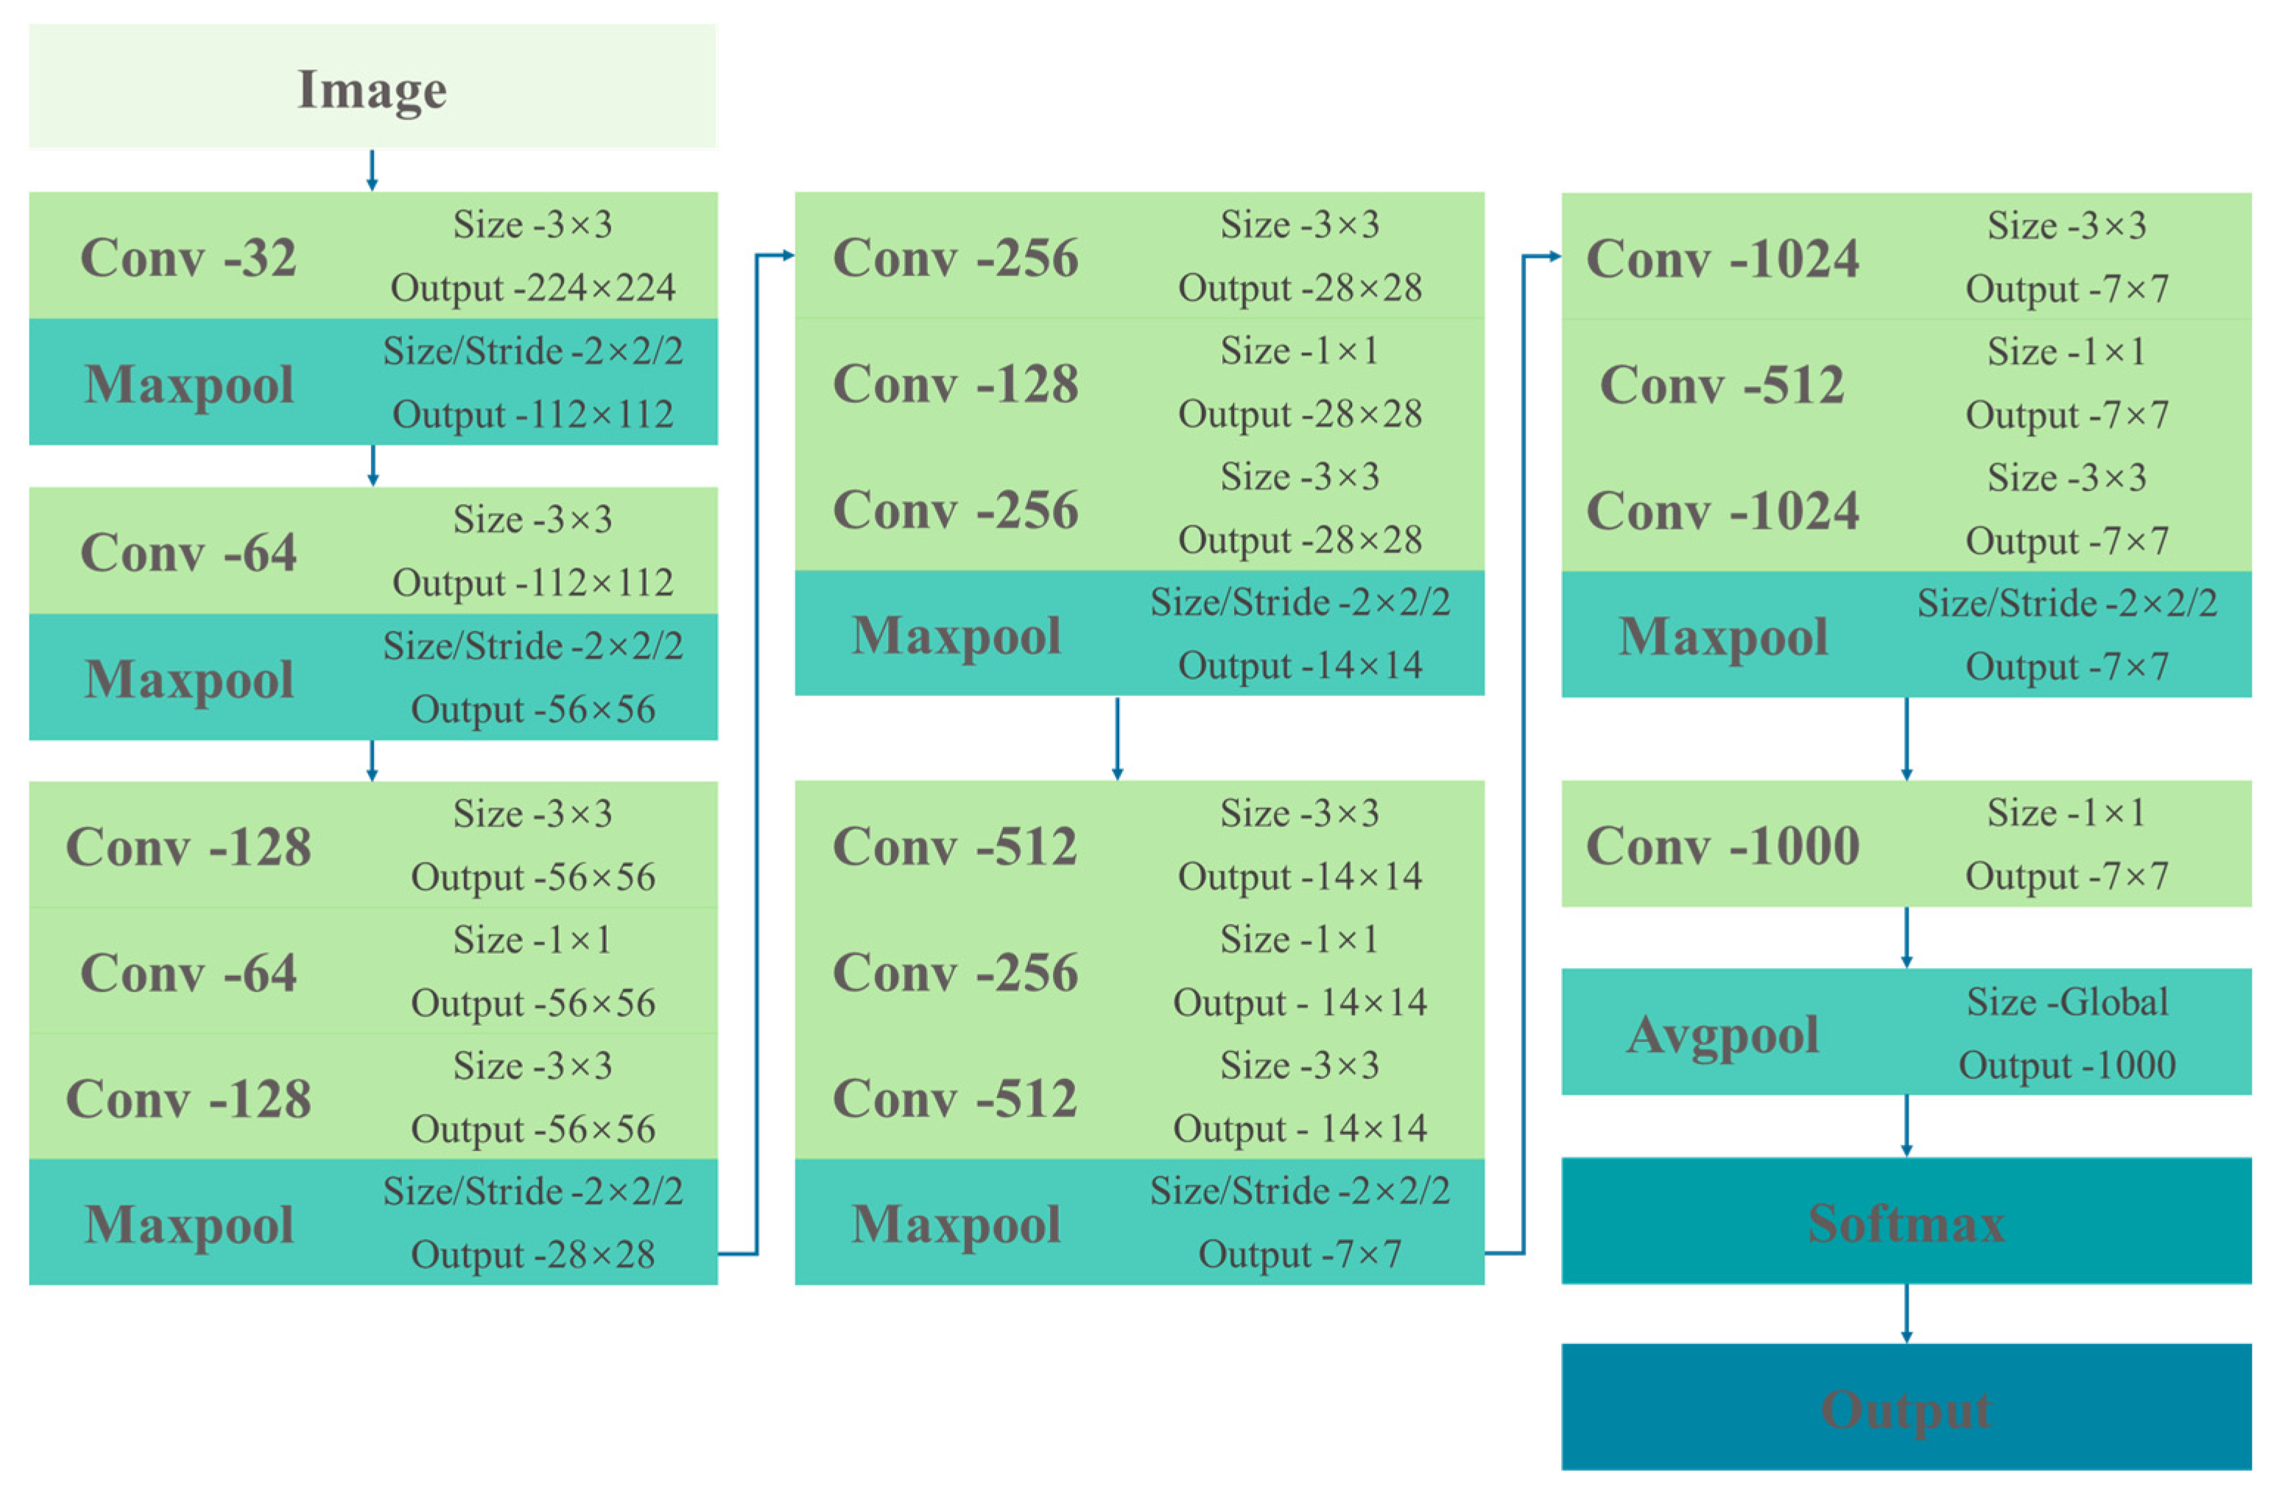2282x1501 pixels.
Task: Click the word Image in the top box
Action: point(372,89)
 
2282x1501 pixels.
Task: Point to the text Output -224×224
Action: point(532,288)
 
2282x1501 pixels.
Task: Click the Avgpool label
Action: point(1722,1034)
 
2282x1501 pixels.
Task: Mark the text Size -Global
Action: point(2066,1002)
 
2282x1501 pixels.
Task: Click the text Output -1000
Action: point(2066,1064)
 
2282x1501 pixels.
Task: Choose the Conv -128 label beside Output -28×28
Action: point(955,384)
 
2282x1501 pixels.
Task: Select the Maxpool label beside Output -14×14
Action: point(956,635)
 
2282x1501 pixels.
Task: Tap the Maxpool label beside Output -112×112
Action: point(189,384)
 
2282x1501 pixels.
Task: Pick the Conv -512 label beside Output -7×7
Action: point(1722,384)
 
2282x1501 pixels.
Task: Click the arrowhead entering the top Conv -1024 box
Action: point(1554,256)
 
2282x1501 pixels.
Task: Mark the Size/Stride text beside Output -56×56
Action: point(532,645)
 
